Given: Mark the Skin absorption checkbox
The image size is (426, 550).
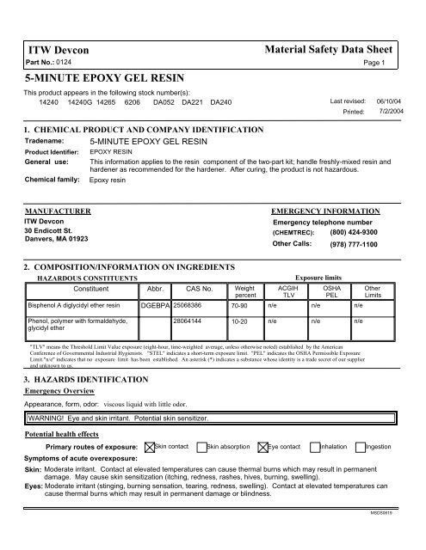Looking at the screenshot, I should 201,447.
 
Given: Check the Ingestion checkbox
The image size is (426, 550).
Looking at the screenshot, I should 360,447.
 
